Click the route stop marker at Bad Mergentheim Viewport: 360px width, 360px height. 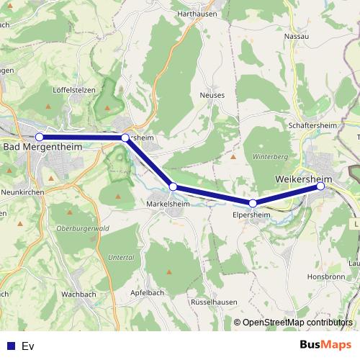40,137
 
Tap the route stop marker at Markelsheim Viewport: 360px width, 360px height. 173,186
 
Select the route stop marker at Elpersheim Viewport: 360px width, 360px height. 253,203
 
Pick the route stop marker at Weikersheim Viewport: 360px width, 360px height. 320,186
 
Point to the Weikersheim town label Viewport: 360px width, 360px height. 306,177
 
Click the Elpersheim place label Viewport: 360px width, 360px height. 251,214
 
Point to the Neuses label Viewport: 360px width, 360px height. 213,95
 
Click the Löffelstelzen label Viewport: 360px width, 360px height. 74,91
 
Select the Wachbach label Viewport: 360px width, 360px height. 78,294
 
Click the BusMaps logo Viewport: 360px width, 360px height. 325,345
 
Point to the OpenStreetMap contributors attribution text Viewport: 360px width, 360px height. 297,323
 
